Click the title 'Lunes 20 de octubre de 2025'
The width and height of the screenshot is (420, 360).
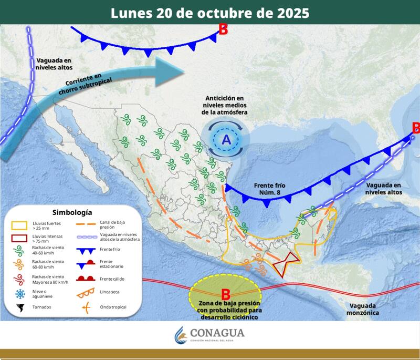pyautogui.click(x=210, y=13)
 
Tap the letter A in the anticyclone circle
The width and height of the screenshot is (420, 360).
pyautogui.click(x=226, y=139)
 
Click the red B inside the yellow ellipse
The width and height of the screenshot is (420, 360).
pyautogui.click(x=226, y=294)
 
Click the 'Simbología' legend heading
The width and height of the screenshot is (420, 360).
pyautogui.click(x=72, y=212)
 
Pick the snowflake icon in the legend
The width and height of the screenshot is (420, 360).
pyautogui.click(x=20, y=294)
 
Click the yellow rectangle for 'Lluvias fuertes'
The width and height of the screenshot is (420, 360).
pyautogui.click(x=20, y=225)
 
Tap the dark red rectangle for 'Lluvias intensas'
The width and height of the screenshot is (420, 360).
pyautogui.click(x=20, y=239)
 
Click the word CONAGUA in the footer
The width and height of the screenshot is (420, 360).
pyautogui.click(x=217, y=333)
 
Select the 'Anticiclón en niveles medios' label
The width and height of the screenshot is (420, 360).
pyautogui.click(x=225, y=106)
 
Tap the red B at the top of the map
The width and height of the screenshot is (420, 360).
pyautogui.click(x=223, y=29)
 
